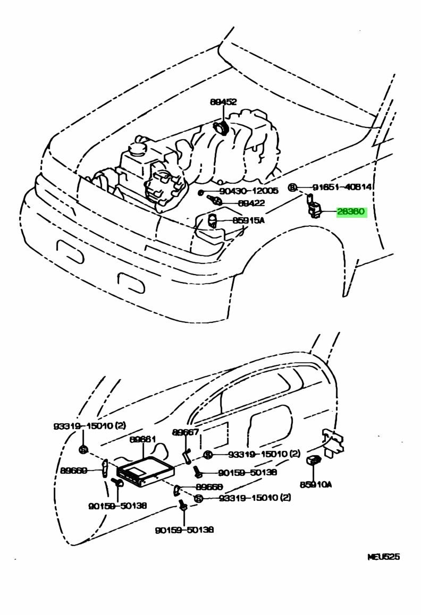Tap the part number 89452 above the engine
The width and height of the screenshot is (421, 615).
click(x=223, y=102)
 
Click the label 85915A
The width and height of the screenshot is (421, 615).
click(x=248, y=220)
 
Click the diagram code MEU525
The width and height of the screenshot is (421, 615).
click(x=383, y=557)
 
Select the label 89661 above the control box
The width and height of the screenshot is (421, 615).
click(x=142, y=439)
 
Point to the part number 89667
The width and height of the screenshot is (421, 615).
click(x=186, y=432)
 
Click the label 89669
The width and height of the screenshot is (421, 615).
click(x=74, y=471)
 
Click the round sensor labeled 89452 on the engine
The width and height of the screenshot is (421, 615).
click(x=220, y=128)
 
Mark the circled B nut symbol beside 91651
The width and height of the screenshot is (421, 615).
click(x=292, y=187)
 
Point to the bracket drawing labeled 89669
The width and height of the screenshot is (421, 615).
click(x=106, y=468)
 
